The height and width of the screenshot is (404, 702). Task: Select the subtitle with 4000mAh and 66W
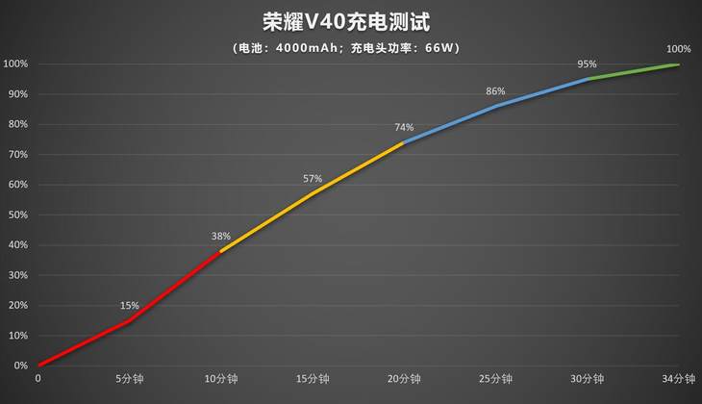(x=351, y=47)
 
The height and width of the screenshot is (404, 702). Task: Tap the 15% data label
(x=129, y=306)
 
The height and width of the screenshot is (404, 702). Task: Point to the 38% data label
(x=221, y=236)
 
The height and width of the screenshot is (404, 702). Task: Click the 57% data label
(x=313, y=179)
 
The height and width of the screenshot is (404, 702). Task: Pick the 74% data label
(x=404, y=127)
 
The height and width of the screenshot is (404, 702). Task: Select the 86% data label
(x=495, y=91)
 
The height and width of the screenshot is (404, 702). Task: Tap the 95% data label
(x=587, y=64)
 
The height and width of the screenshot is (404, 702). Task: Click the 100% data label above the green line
(x=678, y=49)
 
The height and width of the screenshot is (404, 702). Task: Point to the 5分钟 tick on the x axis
(x=129, y=379)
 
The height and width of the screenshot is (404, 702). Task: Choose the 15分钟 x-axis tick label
(x=313, y=379)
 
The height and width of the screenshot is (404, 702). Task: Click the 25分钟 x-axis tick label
(x=495, y=379)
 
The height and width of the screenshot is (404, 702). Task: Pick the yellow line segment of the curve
(x=313, y=194)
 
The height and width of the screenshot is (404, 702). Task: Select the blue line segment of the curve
(x=495, y=106)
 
